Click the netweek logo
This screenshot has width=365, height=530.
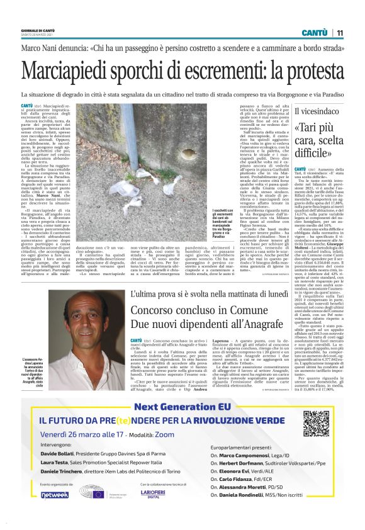[x=55, y=495]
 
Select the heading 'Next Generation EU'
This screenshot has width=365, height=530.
[x=182, y=407]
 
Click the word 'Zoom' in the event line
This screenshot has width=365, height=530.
[x=166, y=434]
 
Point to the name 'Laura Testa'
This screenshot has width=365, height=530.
[x=55, y=462]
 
